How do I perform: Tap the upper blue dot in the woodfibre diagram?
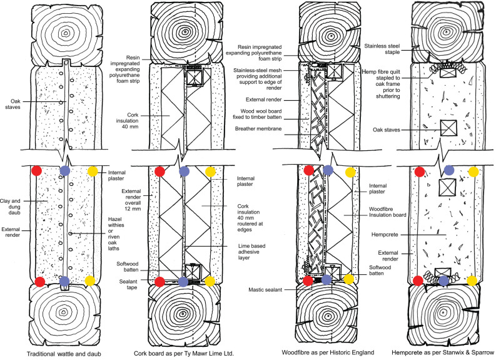pos(328,170)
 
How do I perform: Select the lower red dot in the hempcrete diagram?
pos(413,280)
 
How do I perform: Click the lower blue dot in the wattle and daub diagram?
pos(64,280)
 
